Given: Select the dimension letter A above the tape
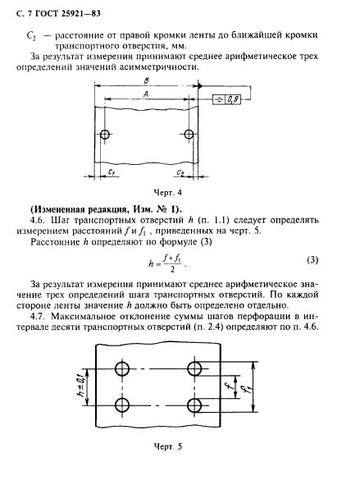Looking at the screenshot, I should (x=145, y=95).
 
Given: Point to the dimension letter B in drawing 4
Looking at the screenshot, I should (x=145, y=81).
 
